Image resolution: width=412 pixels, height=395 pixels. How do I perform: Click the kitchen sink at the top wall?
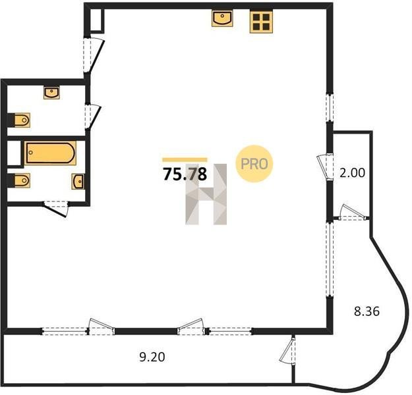tap(222, 18)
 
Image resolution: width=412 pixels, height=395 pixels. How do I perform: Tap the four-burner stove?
tap(261, 22)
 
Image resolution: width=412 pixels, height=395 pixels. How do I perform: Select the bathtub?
tap(50, 153)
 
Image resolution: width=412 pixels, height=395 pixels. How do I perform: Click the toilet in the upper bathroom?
tap(22, 120)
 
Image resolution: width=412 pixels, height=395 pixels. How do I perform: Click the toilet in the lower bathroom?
tap(22, 180)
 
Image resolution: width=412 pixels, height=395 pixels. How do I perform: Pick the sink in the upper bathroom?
tap(51, 93)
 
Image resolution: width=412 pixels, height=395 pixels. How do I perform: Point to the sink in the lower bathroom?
tap(78, 181)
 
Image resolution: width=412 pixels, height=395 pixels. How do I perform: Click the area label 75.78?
tap(185, 174)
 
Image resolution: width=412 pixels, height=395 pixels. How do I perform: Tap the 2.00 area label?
tap(353, 173)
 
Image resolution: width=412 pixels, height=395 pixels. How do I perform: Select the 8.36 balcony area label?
tap(367, 311)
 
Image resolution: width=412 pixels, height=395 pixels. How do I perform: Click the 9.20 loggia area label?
tap(152, 357)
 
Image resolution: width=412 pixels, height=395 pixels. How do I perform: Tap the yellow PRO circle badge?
tap(254, 164)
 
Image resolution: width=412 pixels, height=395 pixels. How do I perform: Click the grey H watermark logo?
tap(206, 194)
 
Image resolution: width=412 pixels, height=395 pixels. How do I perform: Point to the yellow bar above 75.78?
tap(185, 159)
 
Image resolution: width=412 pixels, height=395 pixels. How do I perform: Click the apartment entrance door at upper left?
tap(94, 55)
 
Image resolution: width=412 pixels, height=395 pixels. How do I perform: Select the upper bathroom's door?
tap(93, 117)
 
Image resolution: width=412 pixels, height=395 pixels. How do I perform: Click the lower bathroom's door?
tap(56, 209)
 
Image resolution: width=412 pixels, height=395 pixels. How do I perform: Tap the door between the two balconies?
tap(288, 350)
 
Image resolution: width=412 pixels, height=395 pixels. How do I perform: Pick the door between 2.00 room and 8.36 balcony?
tap(353, 213)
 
